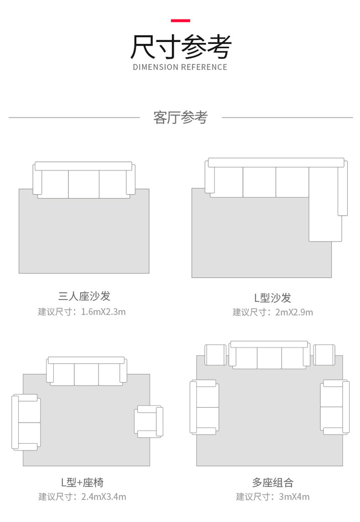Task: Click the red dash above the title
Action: (x=180, y=21)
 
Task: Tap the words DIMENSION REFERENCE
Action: (x=180, y=67)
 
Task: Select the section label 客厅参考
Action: (x=180, y=118)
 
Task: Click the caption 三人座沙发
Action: (x=84, y=296)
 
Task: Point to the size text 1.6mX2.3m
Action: (x=103, y=312)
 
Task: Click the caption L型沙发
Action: (x=273, y=298)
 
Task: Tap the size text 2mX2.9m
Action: (x=294, y=312)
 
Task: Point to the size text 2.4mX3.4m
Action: (x=103, y=497)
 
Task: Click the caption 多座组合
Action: (x=273, y=482)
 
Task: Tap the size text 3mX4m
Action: (x=294, y=497)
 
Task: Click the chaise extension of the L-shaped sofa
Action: (x=325, y=219)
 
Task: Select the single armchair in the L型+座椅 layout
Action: (x=148, y=422)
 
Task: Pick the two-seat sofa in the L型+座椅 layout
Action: (x=26, y=422)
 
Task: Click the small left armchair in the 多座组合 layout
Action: (x=216, y=355)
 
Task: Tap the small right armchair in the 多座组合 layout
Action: (x=324, y=355)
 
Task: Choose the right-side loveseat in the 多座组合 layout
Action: (x=334, y=407)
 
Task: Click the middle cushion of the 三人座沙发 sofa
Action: (x=84, y=184)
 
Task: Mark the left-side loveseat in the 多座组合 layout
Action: (x=204, y=407)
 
